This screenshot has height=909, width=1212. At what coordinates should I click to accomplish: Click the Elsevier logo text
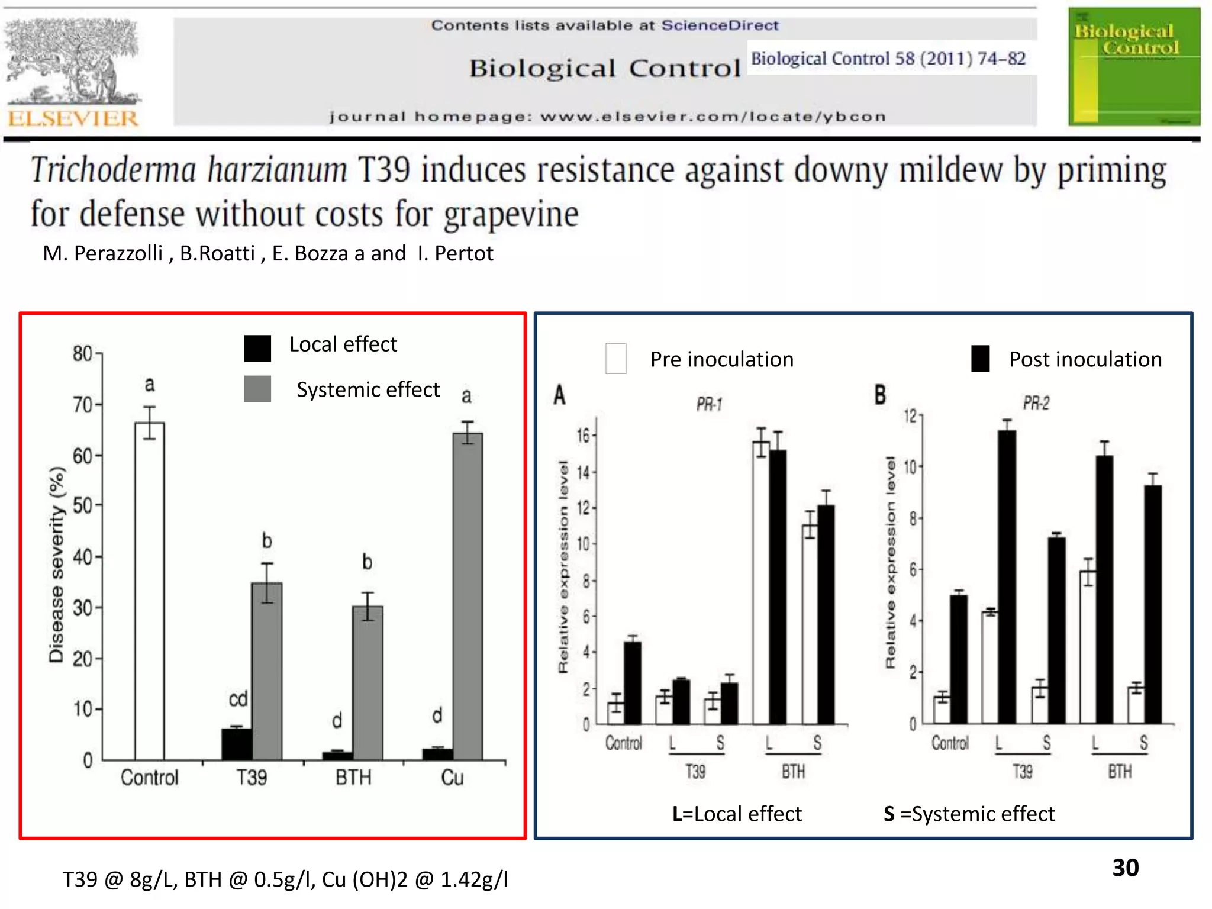pos(72,118)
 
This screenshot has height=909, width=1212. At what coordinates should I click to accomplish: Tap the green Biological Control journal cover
pos(1134,66)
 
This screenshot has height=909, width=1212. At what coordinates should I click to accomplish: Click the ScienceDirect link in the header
pos(720,25)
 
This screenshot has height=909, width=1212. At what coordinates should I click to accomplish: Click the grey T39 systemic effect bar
pos(267,671)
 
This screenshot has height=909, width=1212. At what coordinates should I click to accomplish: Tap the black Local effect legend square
pos(257,348)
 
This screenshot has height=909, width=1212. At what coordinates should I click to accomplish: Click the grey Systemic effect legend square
pos(257,389)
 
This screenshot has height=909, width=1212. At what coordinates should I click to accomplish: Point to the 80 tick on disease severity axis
pos(82,353)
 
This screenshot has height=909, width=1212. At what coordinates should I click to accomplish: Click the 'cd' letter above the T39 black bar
pos(238,699)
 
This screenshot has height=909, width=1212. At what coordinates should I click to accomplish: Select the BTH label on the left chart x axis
pos(353,777)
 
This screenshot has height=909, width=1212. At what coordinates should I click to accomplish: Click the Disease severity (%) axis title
pos(56,565)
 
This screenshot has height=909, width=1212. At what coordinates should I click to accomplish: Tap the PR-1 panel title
pos(709,404)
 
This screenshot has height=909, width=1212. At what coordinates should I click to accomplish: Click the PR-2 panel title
pos(1036,403)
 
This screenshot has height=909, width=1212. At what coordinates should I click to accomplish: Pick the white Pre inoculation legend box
pos(616,359)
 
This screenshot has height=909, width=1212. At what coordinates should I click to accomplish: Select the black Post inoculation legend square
pos(981,359)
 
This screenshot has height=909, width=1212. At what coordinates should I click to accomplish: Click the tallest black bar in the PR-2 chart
pos(1007,576)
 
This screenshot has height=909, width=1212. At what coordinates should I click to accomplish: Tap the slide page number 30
pos(1125,868)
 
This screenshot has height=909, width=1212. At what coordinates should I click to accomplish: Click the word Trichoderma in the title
pos(112,170)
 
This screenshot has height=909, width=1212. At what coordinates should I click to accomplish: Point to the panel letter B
pos(880,394)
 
